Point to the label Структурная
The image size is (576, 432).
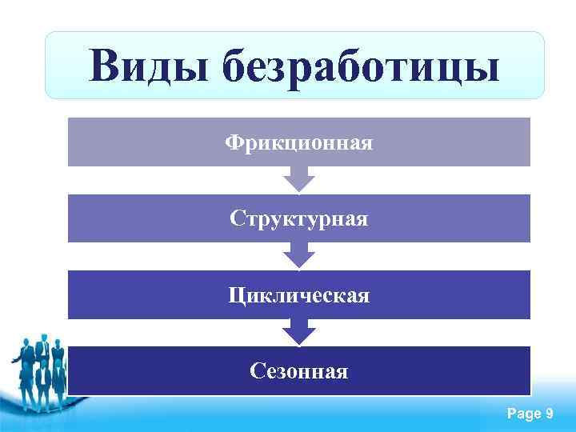[298, 218]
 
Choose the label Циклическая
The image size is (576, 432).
[298, 295]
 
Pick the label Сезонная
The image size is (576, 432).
[298, 371]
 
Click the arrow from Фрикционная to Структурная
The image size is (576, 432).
[299, 179]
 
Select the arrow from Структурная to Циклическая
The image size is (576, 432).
[299, 255]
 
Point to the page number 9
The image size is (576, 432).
[549, 414]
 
